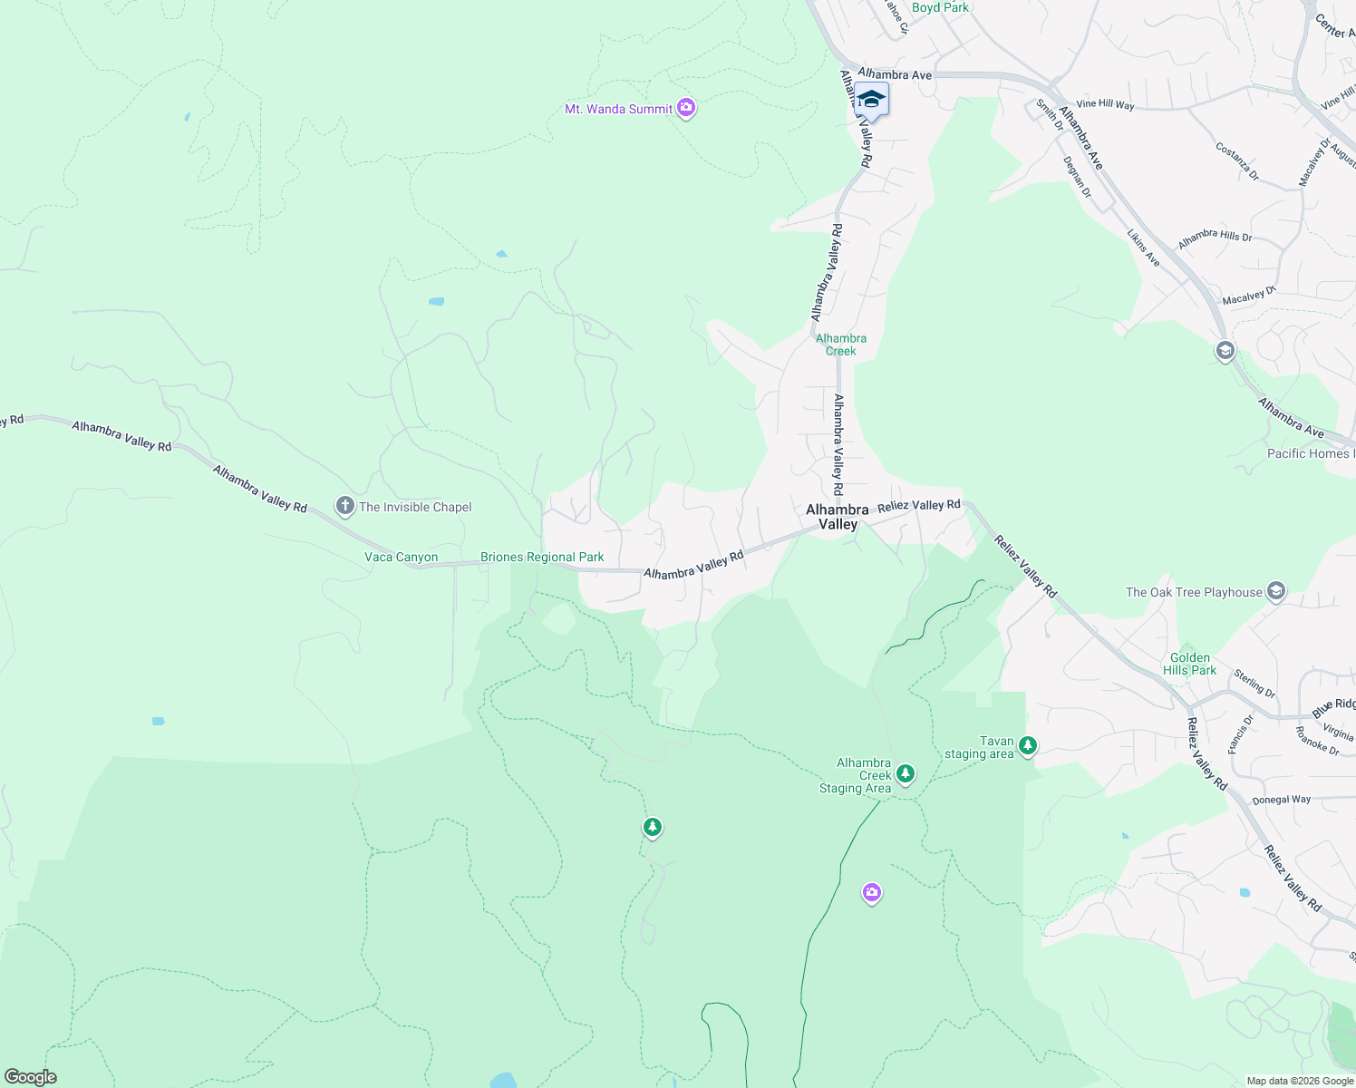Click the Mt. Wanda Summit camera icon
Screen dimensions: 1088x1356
[x=686, y=109]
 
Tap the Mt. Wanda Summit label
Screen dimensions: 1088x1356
[x=618, y=109]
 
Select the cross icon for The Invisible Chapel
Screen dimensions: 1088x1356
[x=344, y=507]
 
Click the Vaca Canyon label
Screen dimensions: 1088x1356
[x=401, y=558]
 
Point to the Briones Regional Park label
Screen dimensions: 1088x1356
[x=542, y=558]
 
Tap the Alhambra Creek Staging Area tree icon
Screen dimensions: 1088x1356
[x=905, y=773]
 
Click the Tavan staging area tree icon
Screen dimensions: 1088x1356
[x=1027, y=745]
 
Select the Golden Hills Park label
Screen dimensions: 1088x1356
[x=1189, y=664]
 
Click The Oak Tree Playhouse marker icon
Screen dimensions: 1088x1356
[x=1276, y=592]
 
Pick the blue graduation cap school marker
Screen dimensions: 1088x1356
[x=871, y=100]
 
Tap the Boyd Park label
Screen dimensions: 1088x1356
[x=940, y=7]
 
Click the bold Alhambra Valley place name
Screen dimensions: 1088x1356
[x=838, y=517]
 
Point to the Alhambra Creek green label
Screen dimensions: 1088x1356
[x=841, y=345]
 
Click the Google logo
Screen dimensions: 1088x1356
[x=30, y=1077]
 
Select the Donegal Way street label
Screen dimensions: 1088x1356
[x=1281, y=800]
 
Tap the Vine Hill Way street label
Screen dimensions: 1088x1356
[x=1105, y=105]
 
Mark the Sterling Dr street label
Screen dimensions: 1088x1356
[x=1254, y=684]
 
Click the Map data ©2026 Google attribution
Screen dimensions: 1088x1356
[x=1300, y=1081]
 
